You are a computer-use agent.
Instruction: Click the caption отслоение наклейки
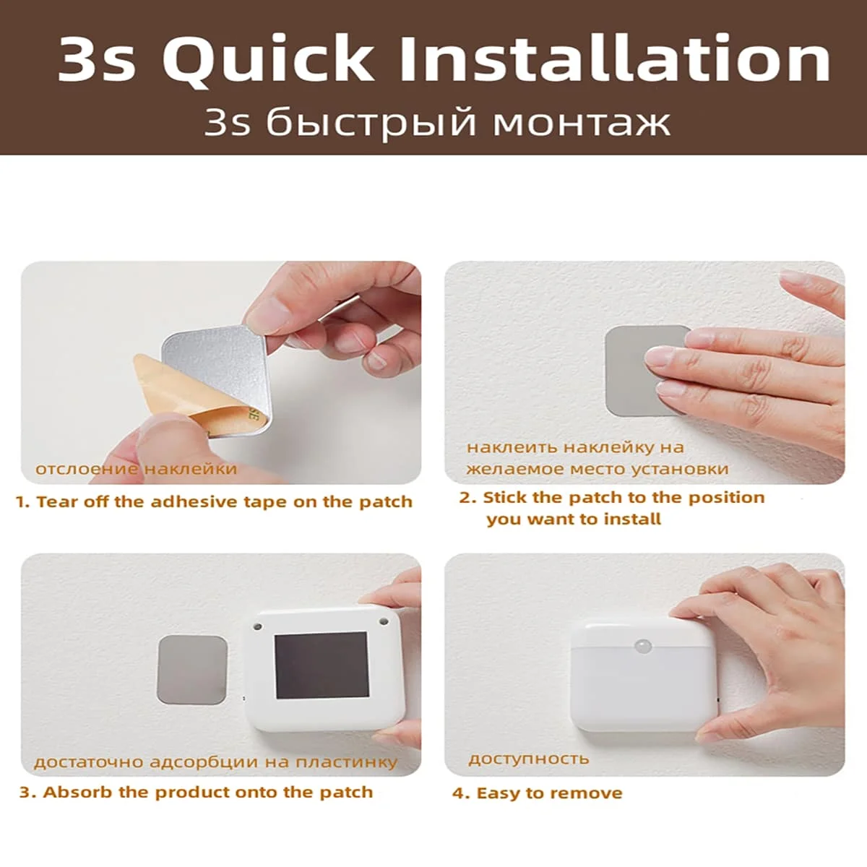tap(136, 469)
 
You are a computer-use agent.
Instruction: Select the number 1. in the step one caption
tap(23, 502)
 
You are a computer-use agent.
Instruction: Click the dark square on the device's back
tap(322, 665)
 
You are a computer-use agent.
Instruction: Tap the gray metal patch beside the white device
tap(191, 669)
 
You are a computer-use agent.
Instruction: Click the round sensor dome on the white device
tap(642, 645)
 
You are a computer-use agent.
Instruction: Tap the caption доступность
tap(528, 759)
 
